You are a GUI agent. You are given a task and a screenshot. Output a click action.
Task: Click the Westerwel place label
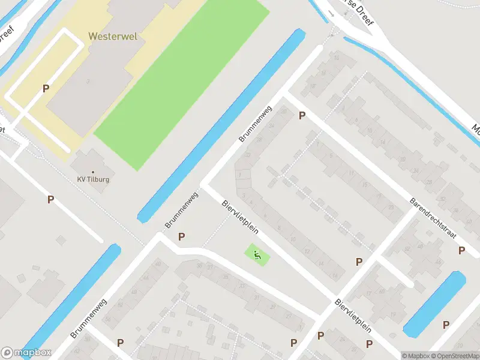[x=113, y=36]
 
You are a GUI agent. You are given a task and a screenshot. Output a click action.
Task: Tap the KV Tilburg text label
[x=93, y=179]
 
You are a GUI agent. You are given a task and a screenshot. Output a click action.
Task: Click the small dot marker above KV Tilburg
[x=92, y=172]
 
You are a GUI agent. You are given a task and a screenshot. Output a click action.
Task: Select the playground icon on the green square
[x=257, y=255]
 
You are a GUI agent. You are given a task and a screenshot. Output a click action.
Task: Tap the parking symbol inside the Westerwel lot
[x=46, y=88]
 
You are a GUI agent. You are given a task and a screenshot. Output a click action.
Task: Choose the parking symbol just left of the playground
[x=181, y=237]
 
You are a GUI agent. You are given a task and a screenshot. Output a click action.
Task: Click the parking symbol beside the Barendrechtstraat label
[x=461, y=251]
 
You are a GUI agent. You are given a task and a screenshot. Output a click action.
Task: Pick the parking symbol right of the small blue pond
[x=446, y=325]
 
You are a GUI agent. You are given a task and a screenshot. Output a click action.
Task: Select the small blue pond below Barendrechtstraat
[x=434, y=304]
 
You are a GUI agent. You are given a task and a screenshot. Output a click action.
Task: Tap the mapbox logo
[x=26, y=353]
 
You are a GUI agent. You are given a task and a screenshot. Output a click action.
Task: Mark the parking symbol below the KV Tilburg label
[x=51, y=199]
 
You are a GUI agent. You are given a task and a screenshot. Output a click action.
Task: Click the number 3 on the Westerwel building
[x=88, y=80]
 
